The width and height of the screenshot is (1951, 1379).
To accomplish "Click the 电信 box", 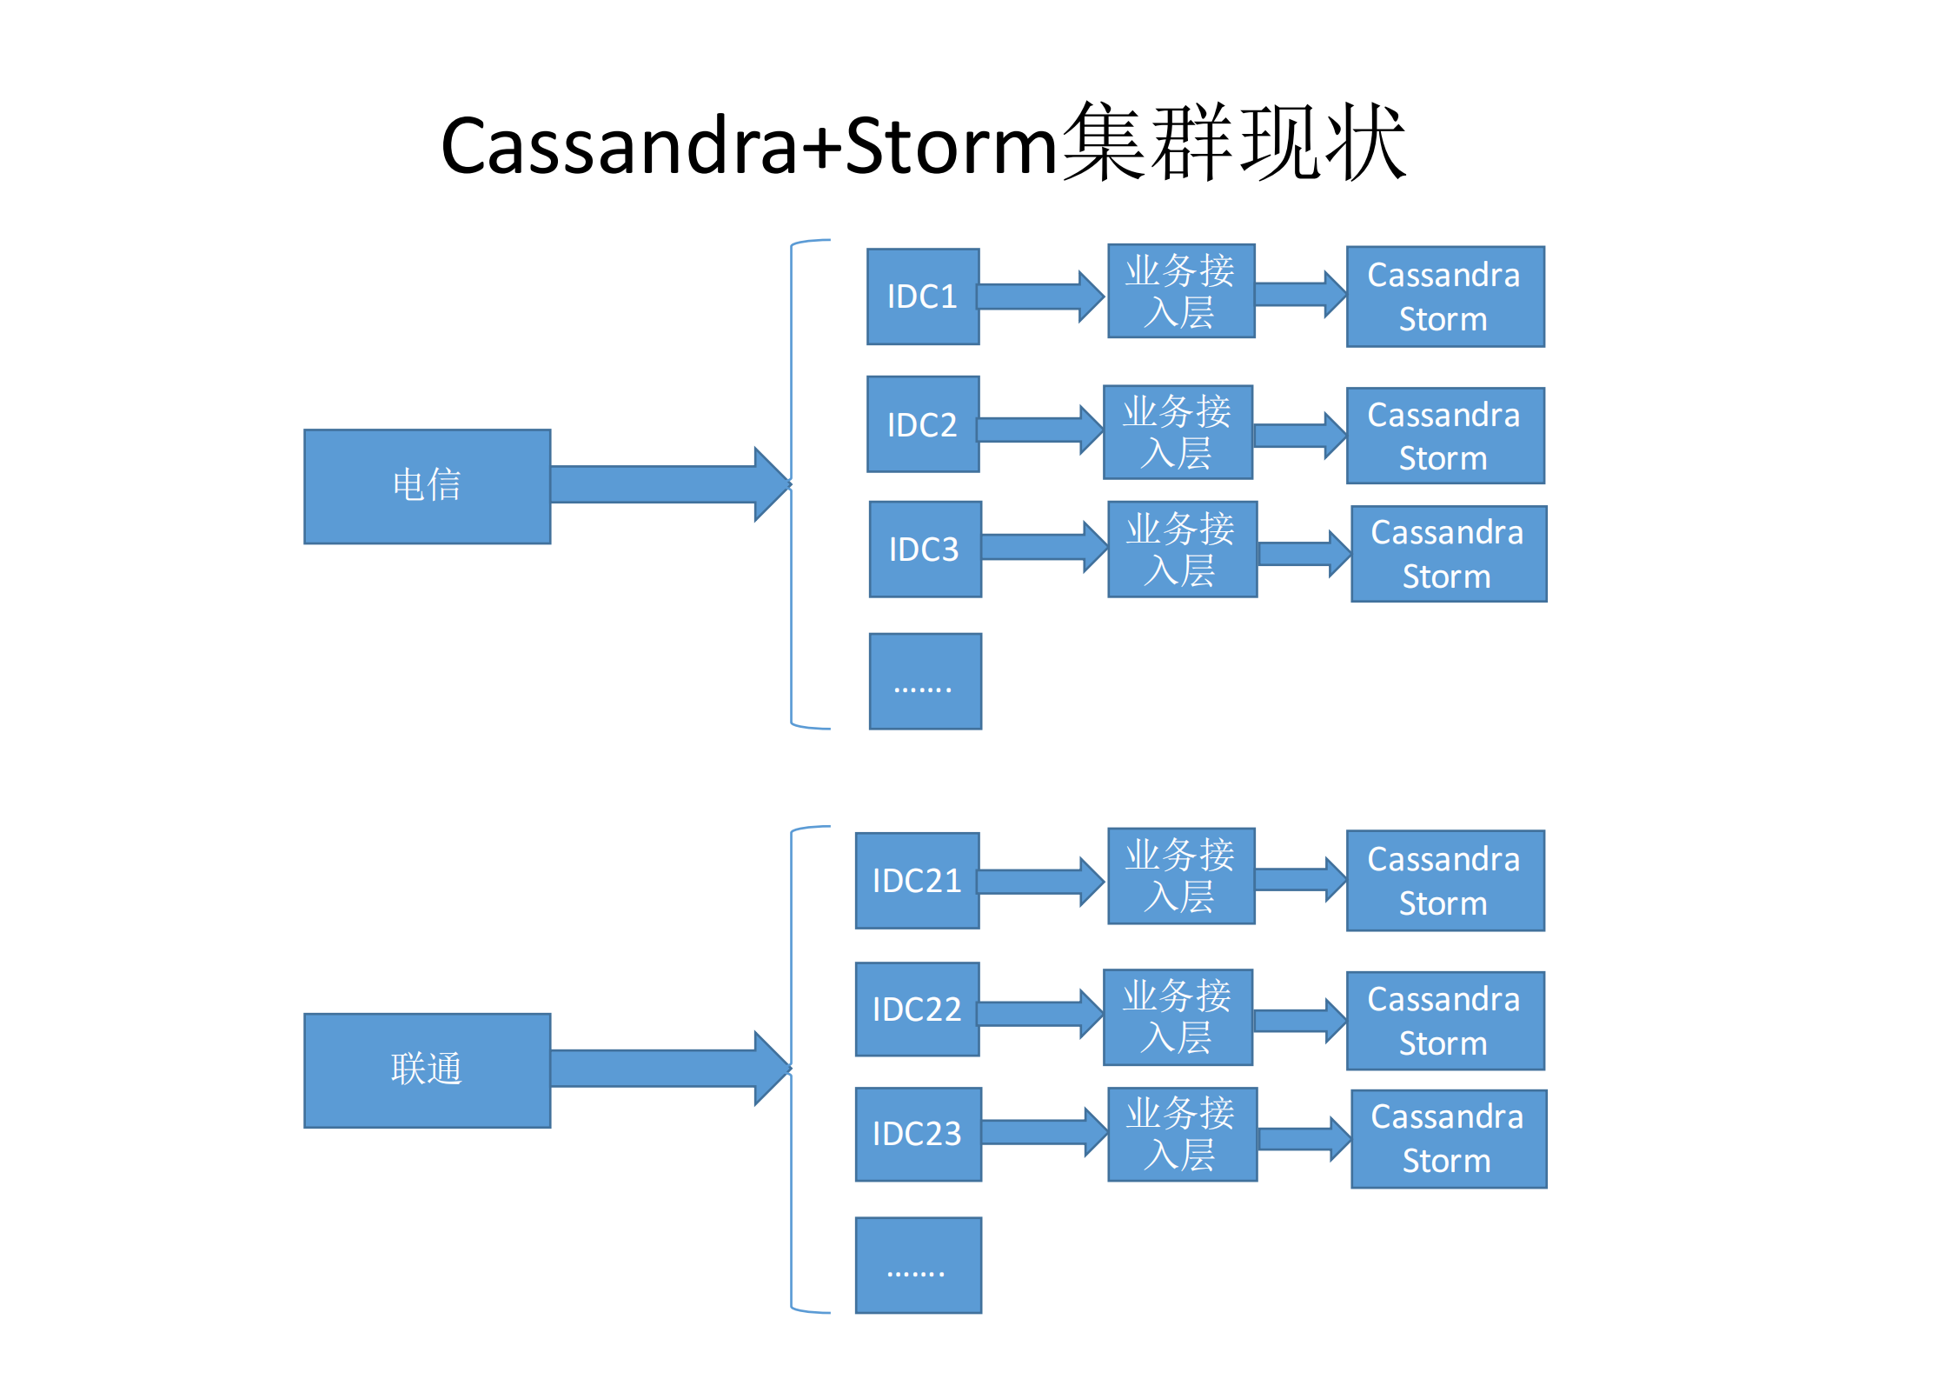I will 427,486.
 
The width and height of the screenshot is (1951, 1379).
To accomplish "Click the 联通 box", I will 427,1070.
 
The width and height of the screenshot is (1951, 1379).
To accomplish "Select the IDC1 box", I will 923,296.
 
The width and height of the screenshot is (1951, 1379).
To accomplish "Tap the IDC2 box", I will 923,424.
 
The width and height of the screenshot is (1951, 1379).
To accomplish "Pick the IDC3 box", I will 925,549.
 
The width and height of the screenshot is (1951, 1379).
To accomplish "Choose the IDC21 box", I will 917,881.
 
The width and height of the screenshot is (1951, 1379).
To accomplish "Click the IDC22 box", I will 917,1009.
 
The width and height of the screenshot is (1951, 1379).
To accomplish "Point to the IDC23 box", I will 918,1134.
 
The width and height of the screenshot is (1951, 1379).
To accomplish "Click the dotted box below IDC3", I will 925,681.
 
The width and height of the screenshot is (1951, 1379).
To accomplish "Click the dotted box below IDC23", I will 918,1265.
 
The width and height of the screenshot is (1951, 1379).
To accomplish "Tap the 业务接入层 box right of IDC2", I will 1178,432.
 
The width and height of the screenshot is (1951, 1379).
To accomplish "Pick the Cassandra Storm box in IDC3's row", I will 1449,554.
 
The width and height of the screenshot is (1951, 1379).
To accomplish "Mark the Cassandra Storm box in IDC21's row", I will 1445,881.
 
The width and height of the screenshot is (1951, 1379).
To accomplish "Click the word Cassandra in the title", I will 619,145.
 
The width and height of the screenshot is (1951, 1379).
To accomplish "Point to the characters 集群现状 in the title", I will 1233,142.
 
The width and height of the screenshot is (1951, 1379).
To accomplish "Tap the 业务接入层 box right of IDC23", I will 1182,1134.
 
